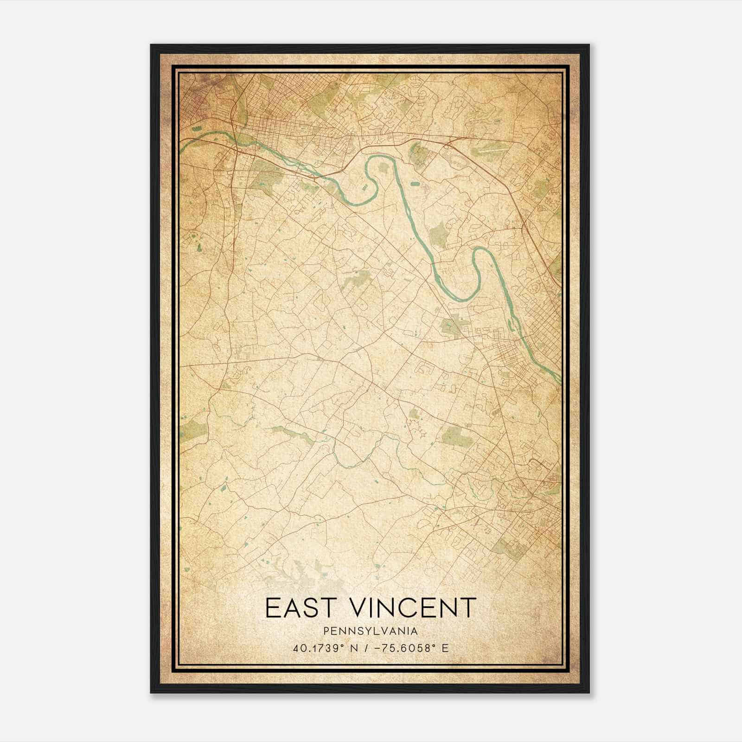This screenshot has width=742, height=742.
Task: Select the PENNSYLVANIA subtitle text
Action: tap(371, 631)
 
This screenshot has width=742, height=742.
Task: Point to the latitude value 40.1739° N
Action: tap(322, 648)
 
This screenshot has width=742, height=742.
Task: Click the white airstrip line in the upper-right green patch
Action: tap(485, 151)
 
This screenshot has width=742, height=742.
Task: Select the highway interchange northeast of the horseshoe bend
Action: tap(449, 145)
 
